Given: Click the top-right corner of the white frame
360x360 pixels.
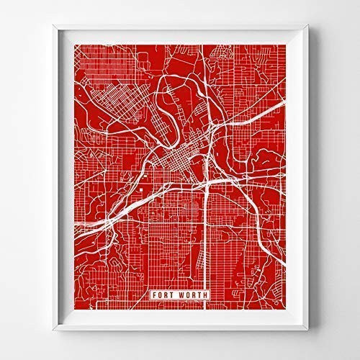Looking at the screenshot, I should pos(308,27).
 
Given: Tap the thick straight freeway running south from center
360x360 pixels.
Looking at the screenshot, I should pos(208,238).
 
